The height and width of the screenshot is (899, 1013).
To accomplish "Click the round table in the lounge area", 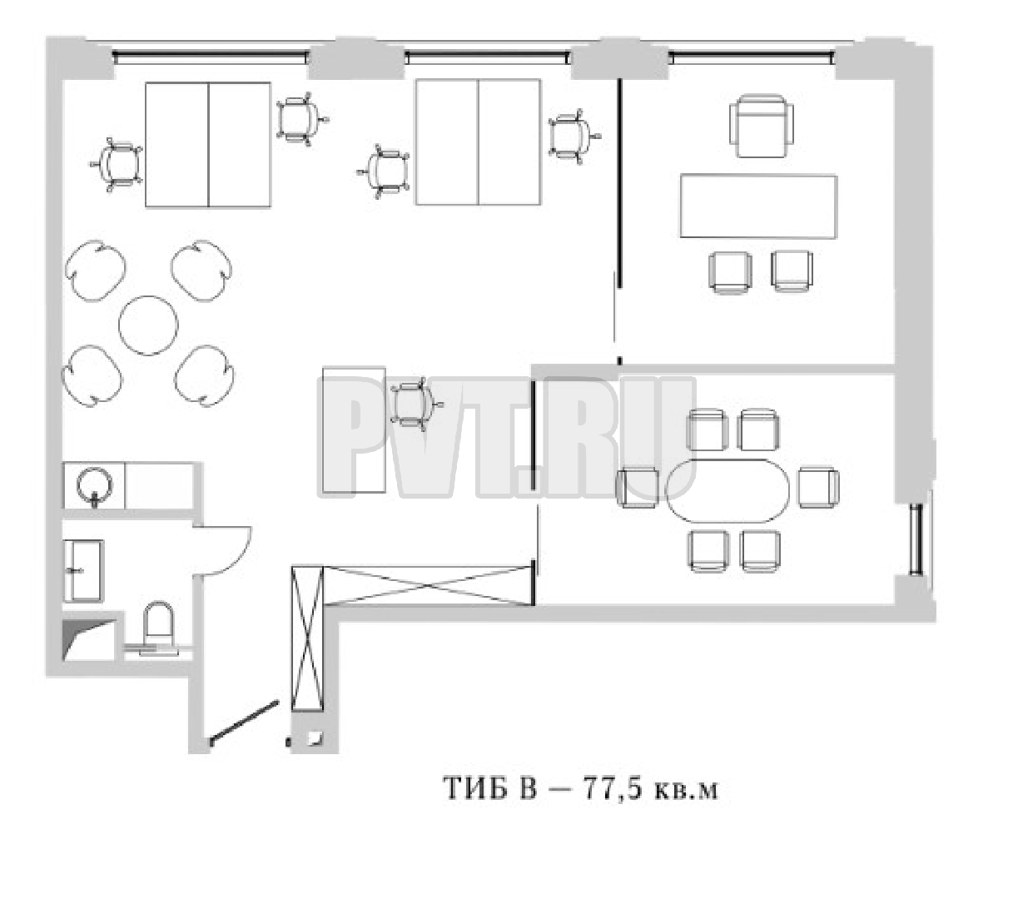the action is tap(148, 325).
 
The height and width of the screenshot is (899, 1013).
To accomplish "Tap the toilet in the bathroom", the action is tap(159, 628).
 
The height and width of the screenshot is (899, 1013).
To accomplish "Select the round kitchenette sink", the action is tap(94, 484).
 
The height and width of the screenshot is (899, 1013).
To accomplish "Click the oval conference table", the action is tap(728, 490).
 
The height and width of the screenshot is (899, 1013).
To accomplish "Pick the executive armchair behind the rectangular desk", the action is tap(762, 126).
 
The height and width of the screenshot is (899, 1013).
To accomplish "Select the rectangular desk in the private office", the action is tap(758, 206).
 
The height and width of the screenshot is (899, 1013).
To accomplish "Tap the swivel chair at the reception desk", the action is tap(416, 405).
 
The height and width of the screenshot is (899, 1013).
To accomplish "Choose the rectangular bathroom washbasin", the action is tap(84, 570).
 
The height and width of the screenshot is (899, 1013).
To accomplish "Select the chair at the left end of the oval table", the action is tap(637, 488).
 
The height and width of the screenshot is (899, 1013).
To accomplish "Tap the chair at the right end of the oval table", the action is tap(818, 488).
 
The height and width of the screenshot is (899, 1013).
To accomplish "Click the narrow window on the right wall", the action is tap(916, 539).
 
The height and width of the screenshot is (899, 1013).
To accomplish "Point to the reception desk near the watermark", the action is tap(354, 430).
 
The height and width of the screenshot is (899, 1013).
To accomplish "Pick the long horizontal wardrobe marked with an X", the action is tap(429, 585).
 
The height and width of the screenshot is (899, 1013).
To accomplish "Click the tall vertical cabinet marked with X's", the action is tap(307, 638).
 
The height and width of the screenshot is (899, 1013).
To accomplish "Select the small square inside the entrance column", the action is tap(315, 739).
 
